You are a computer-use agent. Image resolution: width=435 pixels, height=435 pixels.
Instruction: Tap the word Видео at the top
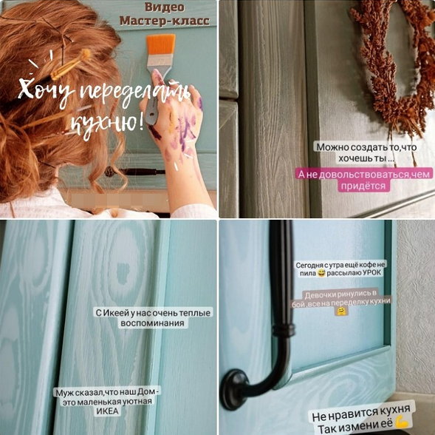162,7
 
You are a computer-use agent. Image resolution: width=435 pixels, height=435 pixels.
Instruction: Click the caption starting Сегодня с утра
341,269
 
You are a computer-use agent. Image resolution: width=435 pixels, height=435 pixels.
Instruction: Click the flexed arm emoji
403,422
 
